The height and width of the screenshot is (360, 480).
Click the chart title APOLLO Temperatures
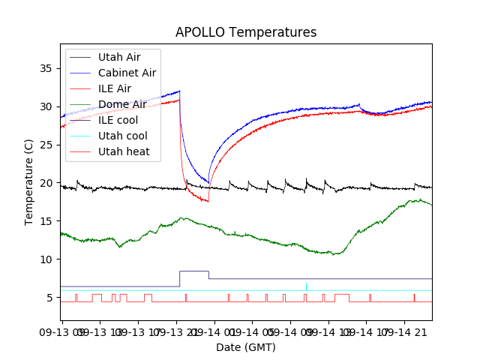[x=246, y=32]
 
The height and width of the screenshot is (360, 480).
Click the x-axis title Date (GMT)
[x=246, y=347]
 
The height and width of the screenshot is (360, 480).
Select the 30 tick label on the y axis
[x=46, y=106]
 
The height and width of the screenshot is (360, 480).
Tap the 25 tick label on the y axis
[x=46, y=145]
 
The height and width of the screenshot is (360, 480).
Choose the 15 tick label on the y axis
[x=46, y=221]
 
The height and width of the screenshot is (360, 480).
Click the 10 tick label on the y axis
[x=46, y=259]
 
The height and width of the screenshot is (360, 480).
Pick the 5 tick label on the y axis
[x=49, y=298]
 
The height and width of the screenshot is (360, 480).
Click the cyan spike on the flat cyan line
[x=306, y=285]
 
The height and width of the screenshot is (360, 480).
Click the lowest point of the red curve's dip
[x=208, y=201]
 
